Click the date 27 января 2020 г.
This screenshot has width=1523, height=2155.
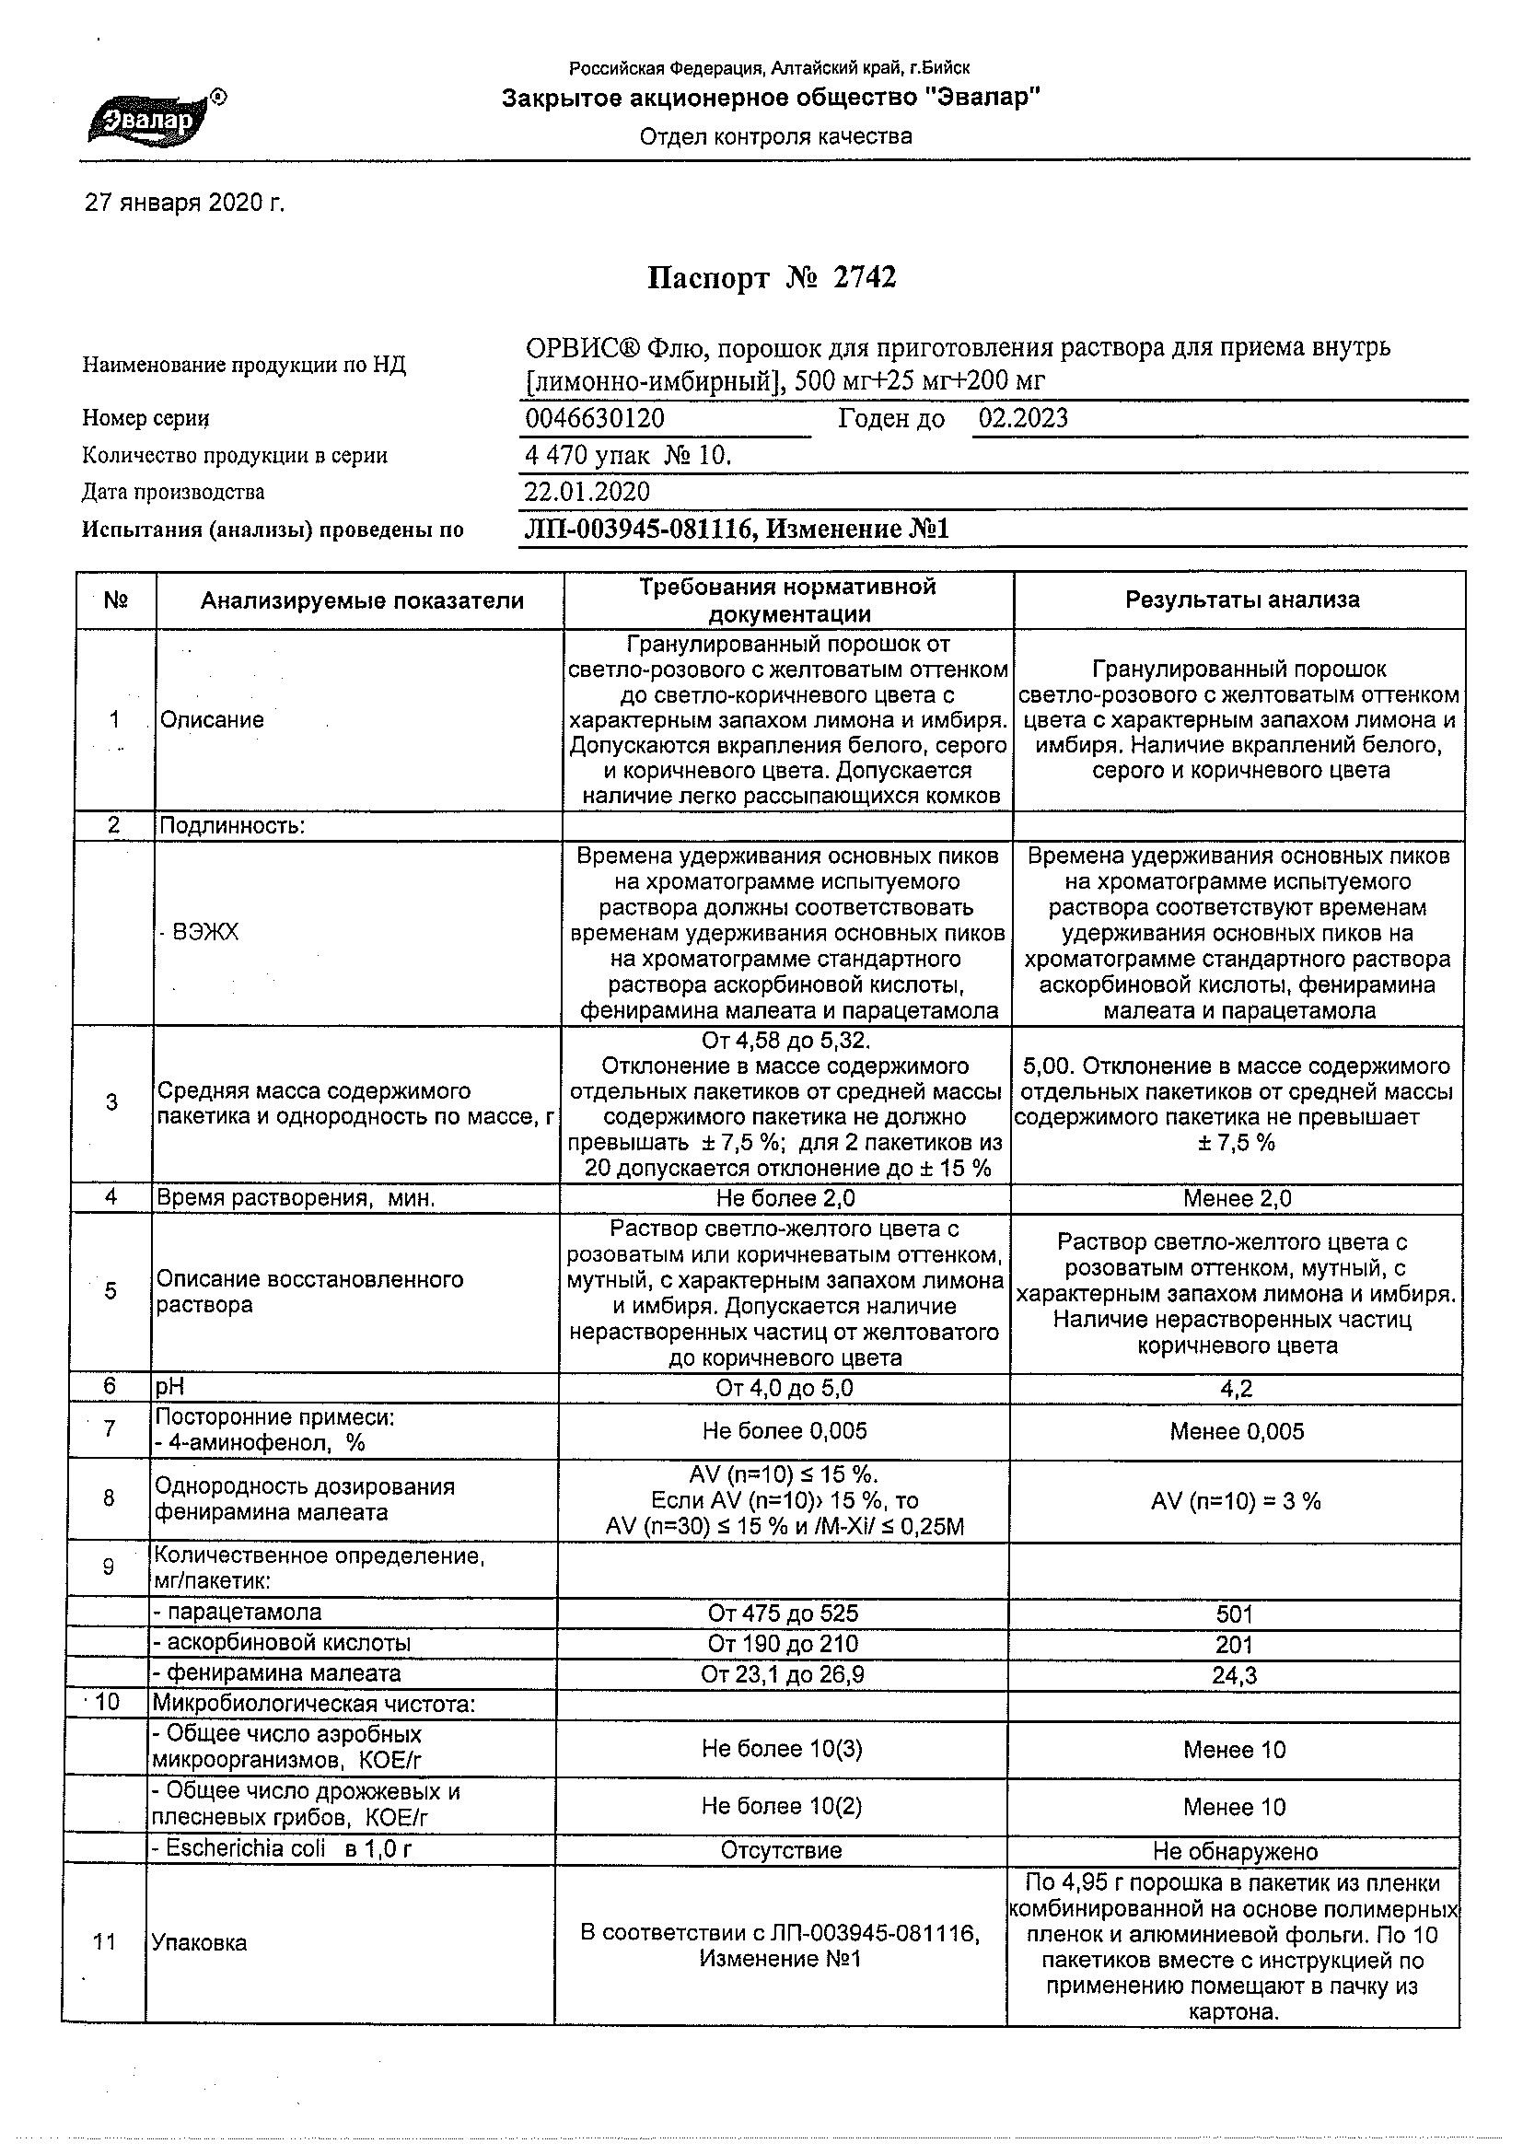(184, 204)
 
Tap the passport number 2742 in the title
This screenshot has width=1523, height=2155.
(865, 278)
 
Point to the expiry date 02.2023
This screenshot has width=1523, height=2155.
(1023, 419)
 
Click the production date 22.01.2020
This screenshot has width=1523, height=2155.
(587, 492)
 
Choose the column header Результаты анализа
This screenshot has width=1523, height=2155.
(1241, 600)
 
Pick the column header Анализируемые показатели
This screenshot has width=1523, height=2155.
(362, 600)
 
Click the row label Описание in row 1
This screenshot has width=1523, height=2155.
(212, 720)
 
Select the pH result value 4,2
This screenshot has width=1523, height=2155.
(1237, 1389)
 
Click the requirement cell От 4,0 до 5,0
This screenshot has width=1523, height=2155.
(785, 1388)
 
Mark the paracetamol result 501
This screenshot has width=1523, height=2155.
(1234, 1613)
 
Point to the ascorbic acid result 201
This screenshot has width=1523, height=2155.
(1234, 1645)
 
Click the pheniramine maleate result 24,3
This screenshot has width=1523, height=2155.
(1234, 1675)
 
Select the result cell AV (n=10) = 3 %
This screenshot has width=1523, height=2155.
(1236, 1501)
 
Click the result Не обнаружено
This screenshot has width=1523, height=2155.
(1235, 1851)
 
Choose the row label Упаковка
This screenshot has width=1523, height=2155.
(199, 1943)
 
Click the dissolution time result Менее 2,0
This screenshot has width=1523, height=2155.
(1237, 1198)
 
